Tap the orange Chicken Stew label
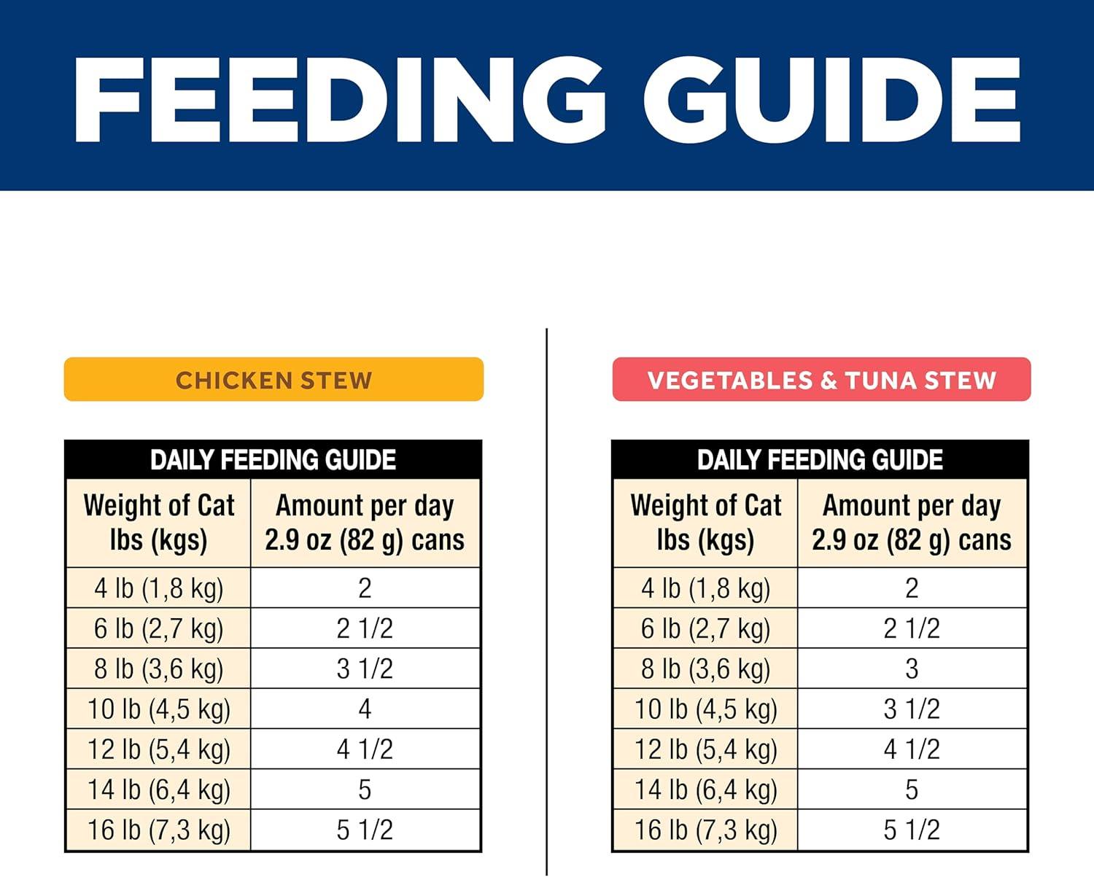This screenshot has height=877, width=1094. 273,380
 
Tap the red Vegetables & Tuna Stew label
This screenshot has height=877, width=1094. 821,380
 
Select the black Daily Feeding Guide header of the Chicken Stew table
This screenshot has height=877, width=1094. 273,460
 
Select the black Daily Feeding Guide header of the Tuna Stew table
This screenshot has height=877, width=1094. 820,460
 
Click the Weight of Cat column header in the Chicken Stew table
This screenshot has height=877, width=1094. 159,523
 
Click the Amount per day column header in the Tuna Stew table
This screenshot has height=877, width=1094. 912,523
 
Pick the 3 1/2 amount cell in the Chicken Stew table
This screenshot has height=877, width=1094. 365,669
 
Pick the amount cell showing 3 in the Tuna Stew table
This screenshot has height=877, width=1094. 912,669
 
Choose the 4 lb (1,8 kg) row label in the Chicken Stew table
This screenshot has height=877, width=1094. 159,588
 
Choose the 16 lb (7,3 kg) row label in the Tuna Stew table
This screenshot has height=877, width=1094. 706,830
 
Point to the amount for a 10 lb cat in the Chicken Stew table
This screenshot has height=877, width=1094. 365,709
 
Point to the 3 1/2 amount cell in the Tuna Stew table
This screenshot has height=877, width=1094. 912,709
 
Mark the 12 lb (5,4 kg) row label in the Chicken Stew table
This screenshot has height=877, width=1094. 159,749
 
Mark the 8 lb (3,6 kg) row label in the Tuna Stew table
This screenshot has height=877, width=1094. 706,669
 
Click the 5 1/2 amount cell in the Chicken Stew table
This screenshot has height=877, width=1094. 365,830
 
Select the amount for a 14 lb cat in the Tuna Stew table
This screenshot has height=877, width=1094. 912,790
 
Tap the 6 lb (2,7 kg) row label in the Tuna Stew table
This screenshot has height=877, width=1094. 706,628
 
